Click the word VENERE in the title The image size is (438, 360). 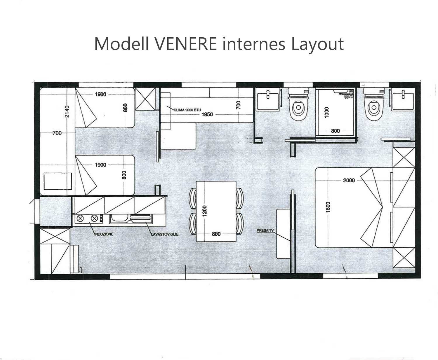[x=185, y=44]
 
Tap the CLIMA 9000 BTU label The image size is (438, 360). [x=187, y=110]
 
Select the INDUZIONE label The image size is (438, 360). [x=104, y=234]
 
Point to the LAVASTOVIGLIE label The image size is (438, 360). [x=165, y=234]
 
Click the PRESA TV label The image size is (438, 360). [x=265, y=230]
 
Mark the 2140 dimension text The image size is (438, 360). [x=67, y=111]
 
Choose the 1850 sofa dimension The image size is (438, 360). [x=207, y=114]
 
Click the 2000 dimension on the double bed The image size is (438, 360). [x=349, y=180]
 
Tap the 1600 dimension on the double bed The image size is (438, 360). [x=328, y=207]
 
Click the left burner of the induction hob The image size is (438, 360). [x=80, y=218]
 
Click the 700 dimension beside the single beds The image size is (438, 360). [x=57, y=133]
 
